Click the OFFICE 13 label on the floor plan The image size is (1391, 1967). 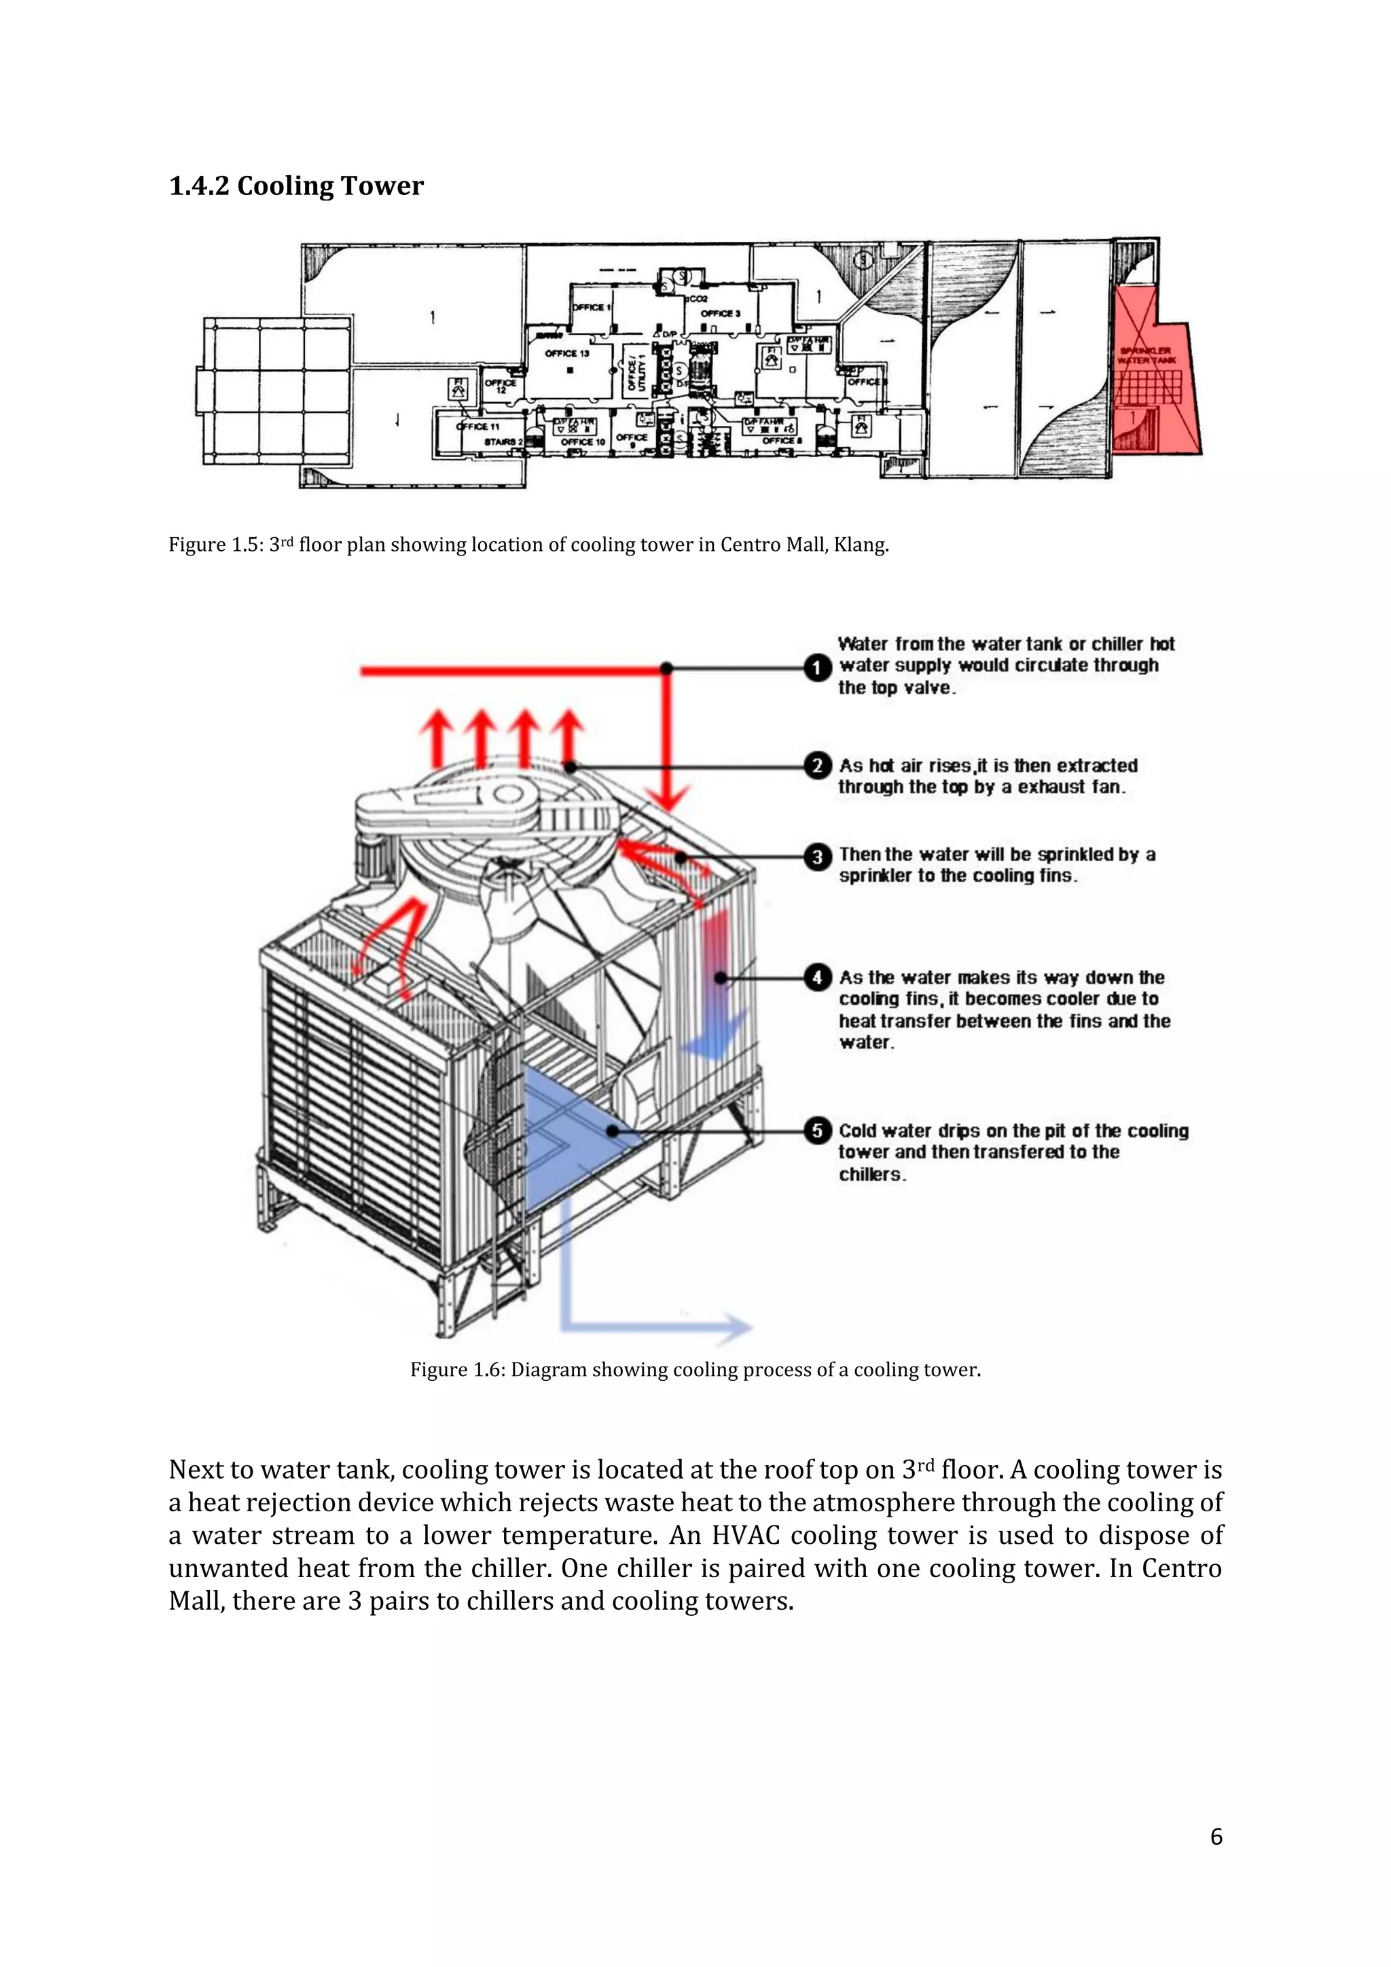tap(567, 353)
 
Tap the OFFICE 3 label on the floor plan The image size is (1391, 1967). tap(721, 314)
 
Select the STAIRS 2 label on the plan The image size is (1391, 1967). tap(503, 441)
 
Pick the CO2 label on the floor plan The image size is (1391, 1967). tap(698, 299)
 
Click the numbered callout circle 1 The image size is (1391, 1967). tap(818, 668)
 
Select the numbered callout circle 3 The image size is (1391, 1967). tap(818, 856)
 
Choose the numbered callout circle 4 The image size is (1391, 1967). tap(818, 977)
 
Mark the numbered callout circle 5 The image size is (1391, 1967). tap(818, 1131)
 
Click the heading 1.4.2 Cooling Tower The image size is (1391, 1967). tap(296, 186)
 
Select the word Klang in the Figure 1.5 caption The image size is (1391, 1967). tap(861, 545)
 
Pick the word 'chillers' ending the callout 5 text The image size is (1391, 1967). tap(871, 1174)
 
